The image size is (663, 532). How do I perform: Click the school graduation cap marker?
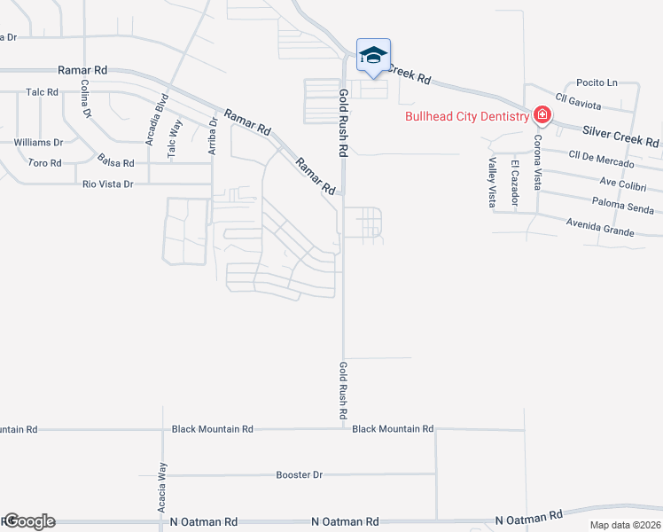(x=373, y=56)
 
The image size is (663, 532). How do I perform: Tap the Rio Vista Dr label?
(x=107, y=184)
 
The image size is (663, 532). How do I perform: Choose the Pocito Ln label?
(x=597, y=82)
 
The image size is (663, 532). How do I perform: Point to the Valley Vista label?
(x=492, y=182)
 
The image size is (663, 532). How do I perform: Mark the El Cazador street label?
(x=514, y=183)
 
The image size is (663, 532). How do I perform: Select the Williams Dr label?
(x=38, y=142)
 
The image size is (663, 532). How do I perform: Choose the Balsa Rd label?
(x=116, y=162)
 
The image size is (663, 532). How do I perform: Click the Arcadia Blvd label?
(x=150, y=119)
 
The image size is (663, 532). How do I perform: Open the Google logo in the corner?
(x=28, y=521)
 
